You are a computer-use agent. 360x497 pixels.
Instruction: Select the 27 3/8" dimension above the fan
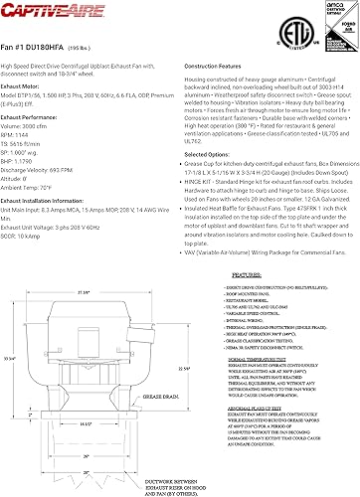(x=86, y=290)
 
